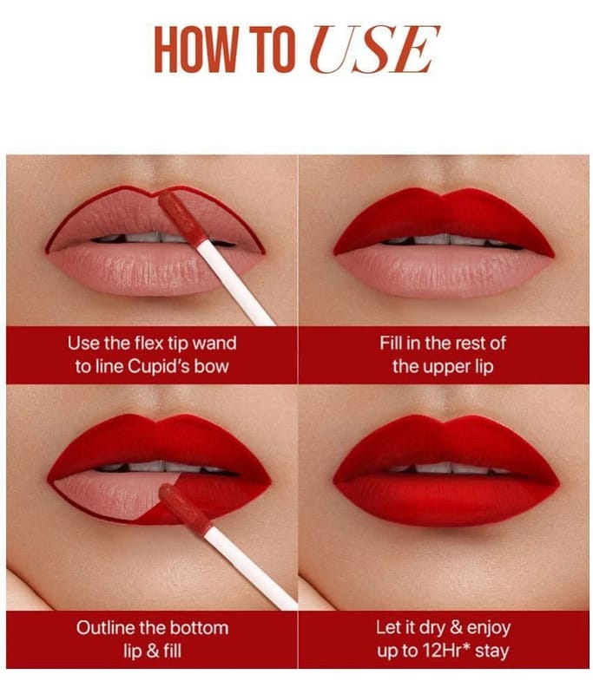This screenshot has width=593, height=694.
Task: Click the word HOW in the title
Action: pos(195,49)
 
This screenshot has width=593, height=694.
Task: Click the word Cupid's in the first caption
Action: pos(156,366)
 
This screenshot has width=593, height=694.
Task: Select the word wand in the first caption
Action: pos(214,344)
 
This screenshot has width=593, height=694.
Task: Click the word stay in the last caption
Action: pos(492,651)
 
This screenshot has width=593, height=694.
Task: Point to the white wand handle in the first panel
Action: pos(234,283)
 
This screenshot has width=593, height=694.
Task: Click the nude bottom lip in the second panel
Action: pos(443,271)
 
